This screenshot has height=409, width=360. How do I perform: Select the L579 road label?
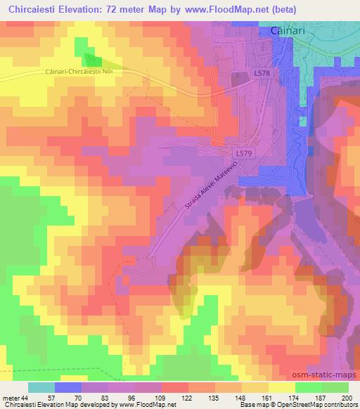tap(243, 152)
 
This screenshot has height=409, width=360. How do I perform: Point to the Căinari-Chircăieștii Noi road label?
tap(64, 73)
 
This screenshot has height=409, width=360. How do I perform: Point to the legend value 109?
tap(161, 397)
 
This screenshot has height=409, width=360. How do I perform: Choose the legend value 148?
tap(241, 397)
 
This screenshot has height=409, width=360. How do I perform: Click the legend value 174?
tap(295, 397)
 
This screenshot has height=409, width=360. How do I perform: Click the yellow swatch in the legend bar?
tap(281, 387)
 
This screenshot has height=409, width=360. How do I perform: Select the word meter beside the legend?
tap(11, 397)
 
